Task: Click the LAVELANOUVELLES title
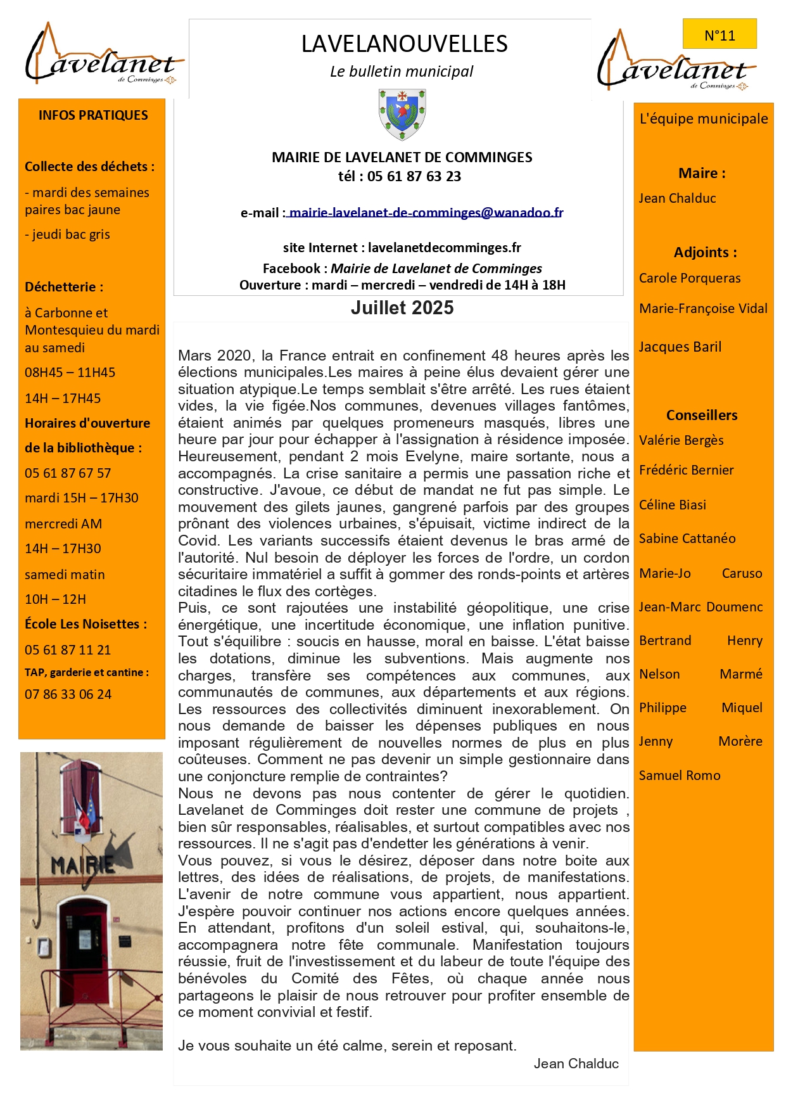click(x=404, y=44)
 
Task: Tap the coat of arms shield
click(x=402, y=113)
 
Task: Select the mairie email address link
click(x=426, y=213)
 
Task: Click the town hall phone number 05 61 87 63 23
click(x=414, y=177)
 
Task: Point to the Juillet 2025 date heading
click(x=402, y=308)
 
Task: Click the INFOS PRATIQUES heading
click(x=93, y=115)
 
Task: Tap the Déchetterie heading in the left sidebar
click(x=64, y=287)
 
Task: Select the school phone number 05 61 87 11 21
click(x=68, y=650)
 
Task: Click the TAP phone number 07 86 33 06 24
click(x=68, y=694)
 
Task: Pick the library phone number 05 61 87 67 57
click(x=68, y=473)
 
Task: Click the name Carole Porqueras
click(x=690, y=278)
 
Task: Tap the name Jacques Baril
click(x=680, y=347)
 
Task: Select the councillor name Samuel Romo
click(x=680, y=776)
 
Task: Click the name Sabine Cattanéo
click(x=687, y=539)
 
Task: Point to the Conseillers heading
click(x=702, y=416)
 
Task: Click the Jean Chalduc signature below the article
click(x=576, y=1064)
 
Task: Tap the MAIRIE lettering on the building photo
click(x=83, y=864)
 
